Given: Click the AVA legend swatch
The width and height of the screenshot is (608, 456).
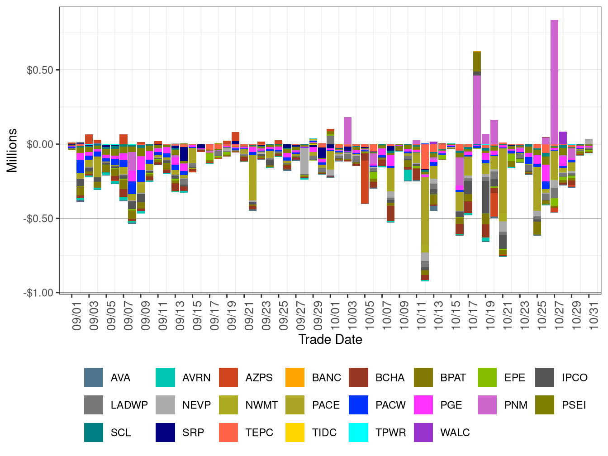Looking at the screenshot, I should (94, 378).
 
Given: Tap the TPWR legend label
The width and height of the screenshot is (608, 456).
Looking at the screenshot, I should (391, 432).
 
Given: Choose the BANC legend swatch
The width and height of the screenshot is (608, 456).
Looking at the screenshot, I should (295, 378).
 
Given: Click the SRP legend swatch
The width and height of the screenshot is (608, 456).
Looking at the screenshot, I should (165, 432).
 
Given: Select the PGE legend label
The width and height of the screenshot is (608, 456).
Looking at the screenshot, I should (451, 405).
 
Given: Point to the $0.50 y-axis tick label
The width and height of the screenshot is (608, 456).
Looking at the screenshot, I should (40, 70).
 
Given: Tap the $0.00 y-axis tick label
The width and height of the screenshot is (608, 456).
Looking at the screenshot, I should (40, 144).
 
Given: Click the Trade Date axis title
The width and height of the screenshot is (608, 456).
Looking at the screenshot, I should (330, 339).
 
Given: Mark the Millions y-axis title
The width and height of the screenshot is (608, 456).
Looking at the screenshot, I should (12, 151).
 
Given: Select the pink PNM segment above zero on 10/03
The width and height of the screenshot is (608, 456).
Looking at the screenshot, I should (347, 130).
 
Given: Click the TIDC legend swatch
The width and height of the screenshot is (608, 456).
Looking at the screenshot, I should (295, 432).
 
